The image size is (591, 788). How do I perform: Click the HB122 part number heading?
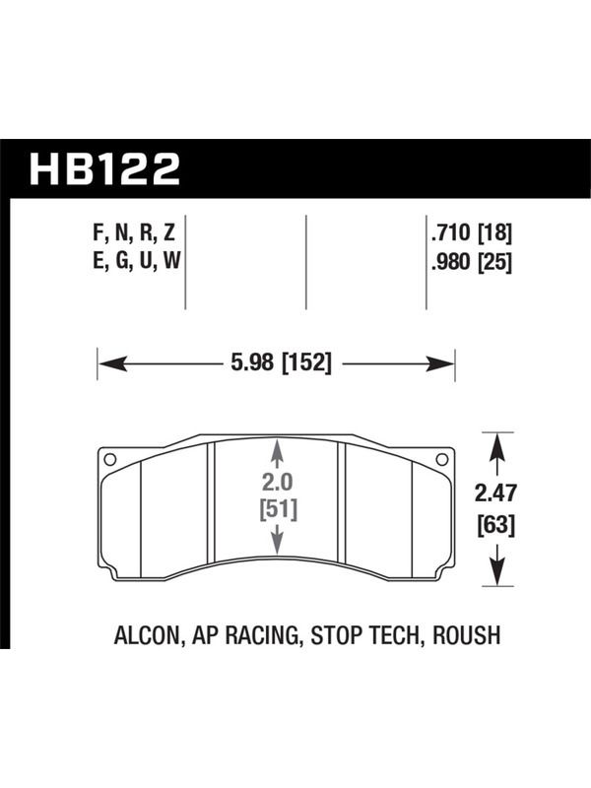point(104,169)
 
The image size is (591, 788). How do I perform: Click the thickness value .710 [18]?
point(471,233)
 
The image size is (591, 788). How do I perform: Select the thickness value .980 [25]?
point(471,262)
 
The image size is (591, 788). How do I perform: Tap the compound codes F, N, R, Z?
point(134,233)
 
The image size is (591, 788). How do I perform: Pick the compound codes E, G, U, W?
point(136,261)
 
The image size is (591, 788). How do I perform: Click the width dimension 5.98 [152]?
point(282,362)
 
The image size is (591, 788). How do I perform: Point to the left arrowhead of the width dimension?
point(112,363)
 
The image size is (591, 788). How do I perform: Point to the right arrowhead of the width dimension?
point(439,363)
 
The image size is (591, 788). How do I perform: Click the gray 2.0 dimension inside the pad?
point(277,483)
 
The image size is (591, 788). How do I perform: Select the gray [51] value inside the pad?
point(279,509)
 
